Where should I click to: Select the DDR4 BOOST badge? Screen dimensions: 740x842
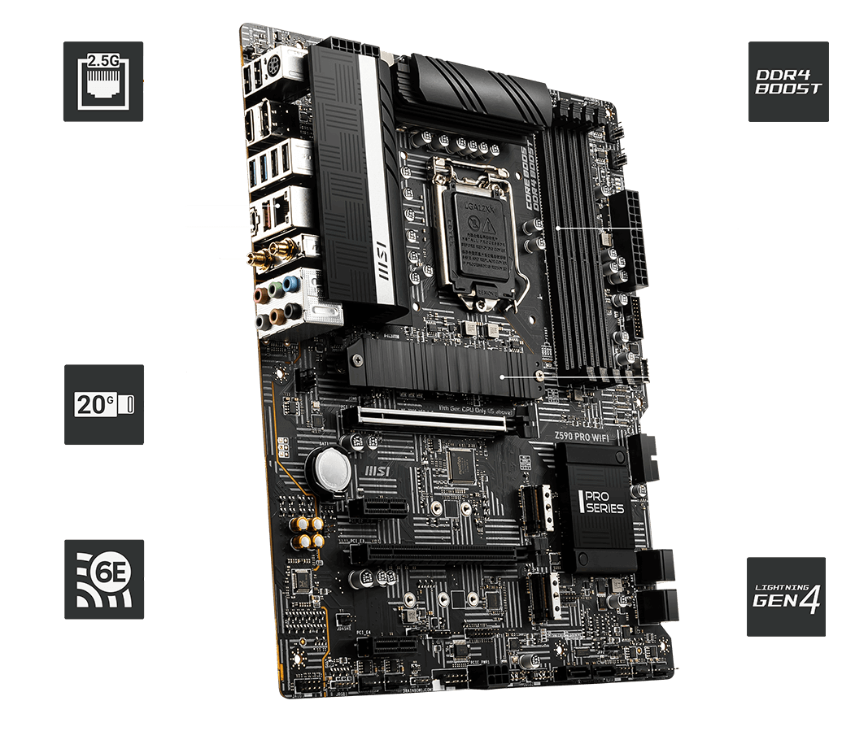pos(787,81)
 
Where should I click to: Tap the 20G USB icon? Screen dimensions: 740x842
pos(104,404)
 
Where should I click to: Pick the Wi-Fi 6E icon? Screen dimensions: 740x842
pos(103,580)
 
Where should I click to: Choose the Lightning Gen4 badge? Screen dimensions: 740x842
pos(785,596)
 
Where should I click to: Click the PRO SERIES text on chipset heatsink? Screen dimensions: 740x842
pos(602,503)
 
